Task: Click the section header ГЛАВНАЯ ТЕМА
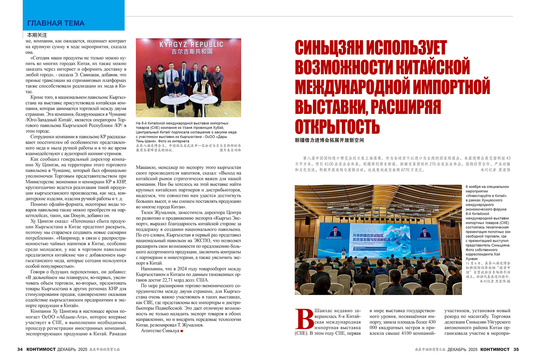tap(56, 23)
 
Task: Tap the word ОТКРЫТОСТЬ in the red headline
tap(337, 127)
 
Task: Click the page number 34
tap(20, 349)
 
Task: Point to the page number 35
tap(516, 349)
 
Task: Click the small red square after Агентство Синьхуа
tap(182, 331)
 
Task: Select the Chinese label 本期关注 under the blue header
tap(37, 35)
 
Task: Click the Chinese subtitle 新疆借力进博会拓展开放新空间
tap(329, 140)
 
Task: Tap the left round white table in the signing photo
tap(174, 100)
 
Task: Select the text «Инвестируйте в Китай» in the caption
tap(486, 196)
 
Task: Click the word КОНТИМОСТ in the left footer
tap(41, 349)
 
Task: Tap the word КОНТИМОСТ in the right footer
tap(495, 349)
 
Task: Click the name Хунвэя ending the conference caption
tap(472, 259)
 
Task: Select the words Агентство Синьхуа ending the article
tap(160, 331)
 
